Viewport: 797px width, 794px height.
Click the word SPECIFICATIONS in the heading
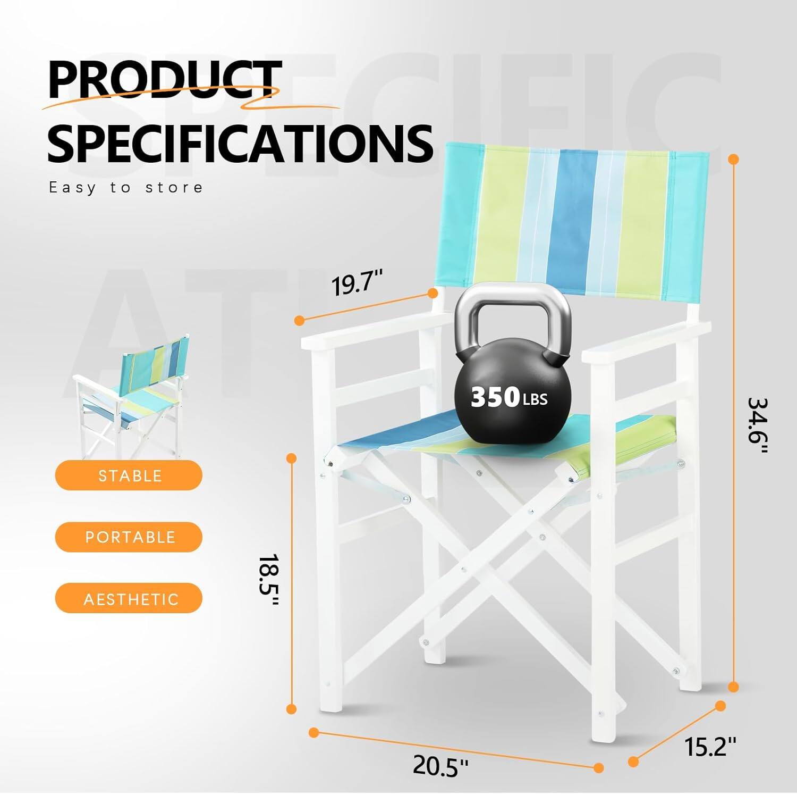[x=240, y=144]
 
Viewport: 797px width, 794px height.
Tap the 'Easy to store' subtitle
[x=126, y=188]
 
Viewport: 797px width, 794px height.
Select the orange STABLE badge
[x=129, y=475]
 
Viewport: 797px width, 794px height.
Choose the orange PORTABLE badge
[x=129, y=537]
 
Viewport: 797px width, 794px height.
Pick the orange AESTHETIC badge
[x=129, y=599]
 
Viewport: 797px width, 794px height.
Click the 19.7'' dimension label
[x=357, y=283]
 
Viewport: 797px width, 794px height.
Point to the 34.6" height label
[x=758, y=425]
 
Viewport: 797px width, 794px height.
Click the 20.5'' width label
[x=440, y=766]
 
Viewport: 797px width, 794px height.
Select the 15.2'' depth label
[x=710, y=747]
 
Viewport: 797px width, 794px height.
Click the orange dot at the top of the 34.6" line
[x=734, y=159]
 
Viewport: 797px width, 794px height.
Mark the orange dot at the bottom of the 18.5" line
[x=291, y=708]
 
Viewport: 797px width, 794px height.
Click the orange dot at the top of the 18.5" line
[x=291, y=458]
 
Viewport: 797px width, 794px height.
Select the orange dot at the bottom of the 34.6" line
[x=734, y=687]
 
